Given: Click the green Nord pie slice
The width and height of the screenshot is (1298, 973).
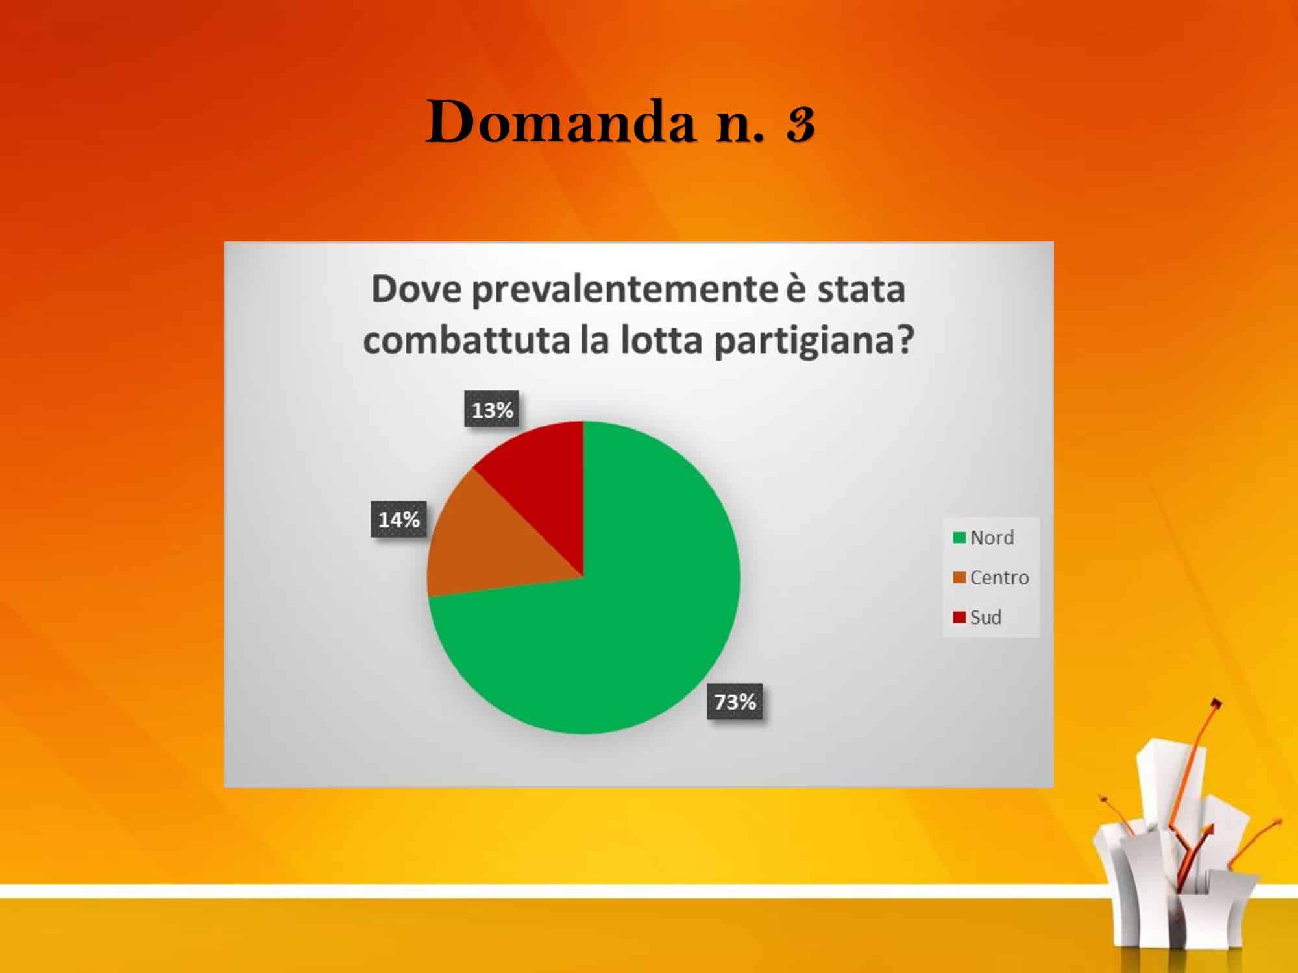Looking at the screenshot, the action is [623, 623].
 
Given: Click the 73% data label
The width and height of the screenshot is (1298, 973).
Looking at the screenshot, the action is [735, 701].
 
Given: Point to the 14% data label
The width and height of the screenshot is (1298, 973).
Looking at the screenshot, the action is [399, 519].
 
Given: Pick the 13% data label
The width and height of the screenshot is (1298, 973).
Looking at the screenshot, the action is [492, 409].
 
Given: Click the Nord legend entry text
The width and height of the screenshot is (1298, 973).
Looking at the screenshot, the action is [992, 537].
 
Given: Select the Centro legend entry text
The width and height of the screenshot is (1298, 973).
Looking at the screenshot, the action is [999, 577].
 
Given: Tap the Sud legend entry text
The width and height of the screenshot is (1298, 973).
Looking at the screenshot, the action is [986, 617].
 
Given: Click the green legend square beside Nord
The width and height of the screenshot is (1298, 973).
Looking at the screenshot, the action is [959, 537].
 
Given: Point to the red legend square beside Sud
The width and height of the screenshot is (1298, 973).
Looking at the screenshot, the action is [959, 617].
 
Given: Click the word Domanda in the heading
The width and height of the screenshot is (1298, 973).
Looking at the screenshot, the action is [560, 122].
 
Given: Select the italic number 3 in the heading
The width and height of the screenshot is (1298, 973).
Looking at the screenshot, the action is [801, 123].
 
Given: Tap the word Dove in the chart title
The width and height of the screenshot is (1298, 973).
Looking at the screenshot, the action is [416, 289].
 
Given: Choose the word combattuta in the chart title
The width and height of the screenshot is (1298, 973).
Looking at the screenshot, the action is [467, 340].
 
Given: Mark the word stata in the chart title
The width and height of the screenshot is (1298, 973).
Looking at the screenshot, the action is [861, 289].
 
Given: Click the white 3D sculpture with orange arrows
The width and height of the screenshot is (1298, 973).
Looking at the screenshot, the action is [1181, 843].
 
